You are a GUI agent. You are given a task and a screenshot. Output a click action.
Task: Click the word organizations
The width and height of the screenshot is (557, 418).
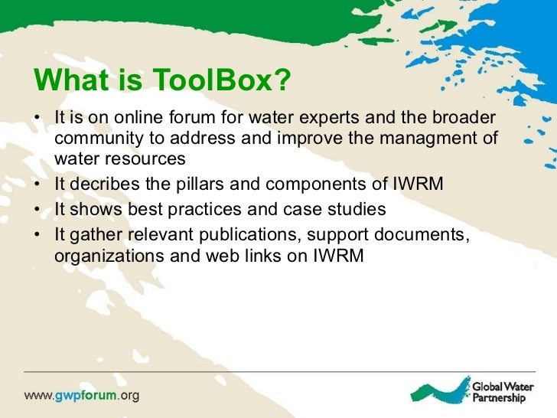click(x=107, y=257)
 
